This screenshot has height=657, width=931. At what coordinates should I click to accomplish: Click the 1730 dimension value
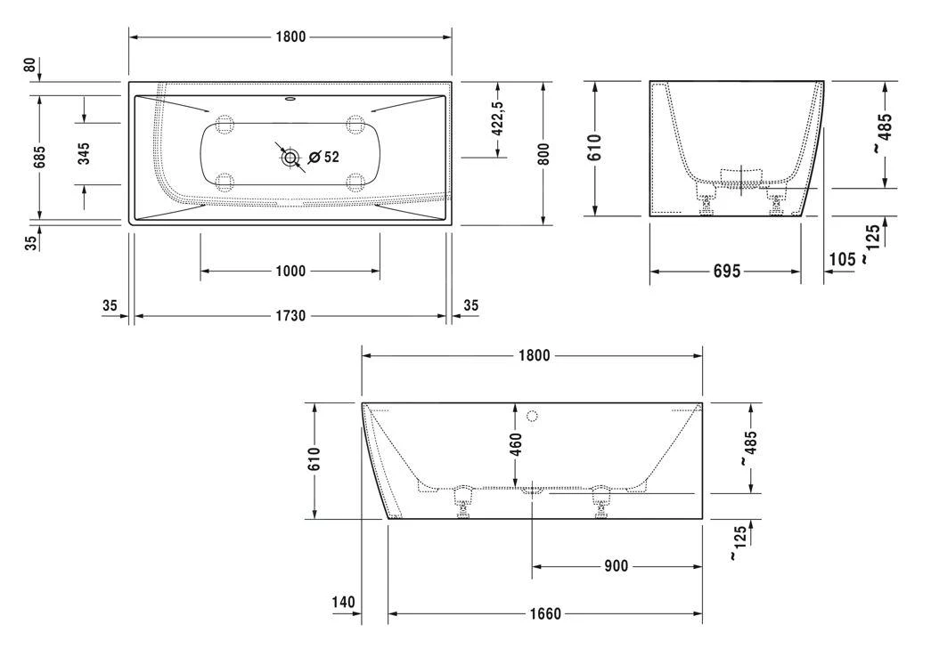coord(290,316)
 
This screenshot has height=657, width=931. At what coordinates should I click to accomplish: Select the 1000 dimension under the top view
coord(290,272)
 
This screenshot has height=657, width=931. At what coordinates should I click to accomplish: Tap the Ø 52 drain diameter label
coord(324,157)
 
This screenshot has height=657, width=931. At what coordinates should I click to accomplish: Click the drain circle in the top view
coord(290,158)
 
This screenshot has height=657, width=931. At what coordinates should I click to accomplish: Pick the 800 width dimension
coord(543,154)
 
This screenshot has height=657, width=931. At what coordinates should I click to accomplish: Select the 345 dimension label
coord(84,153)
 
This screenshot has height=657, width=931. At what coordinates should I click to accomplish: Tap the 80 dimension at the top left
coord(29,64)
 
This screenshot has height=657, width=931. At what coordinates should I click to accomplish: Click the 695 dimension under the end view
coord(727,272)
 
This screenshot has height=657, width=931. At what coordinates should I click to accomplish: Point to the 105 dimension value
coord(843,259)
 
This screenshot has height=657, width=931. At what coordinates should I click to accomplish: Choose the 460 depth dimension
coord(515,444)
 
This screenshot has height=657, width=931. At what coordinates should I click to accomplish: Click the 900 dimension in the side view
coord(616,566)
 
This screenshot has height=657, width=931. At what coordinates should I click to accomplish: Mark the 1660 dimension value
coord(545,613)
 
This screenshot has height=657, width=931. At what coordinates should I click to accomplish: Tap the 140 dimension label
coord(343,603)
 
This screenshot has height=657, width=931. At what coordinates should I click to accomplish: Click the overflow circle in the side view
coord(532,416)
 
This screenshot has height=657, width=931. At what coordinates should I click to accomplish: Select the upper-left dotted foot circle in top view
coord(225,124)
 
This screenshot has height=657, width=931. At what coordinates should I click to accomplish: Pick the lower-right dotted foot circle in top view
coord(355,182)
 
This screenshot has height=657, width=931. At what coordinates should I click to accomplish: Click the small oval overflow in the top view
coord(290,99)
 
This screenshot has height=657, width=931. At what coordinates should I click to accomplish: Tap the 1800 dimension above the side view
coord(534,355)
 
